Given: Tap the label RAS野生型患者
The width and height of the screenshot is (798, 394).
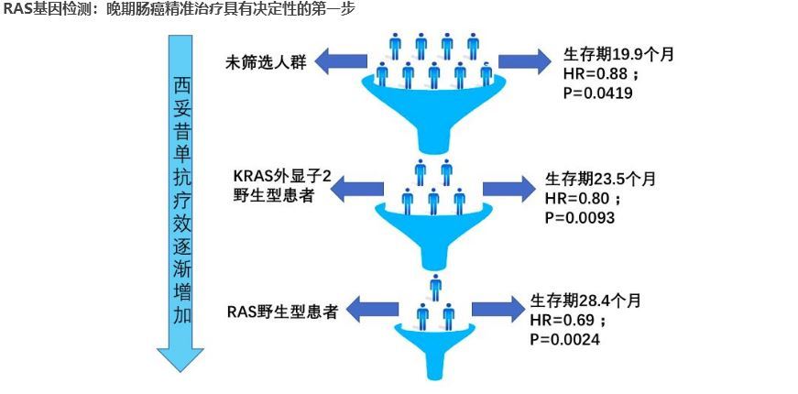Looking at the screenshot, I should (282, 312).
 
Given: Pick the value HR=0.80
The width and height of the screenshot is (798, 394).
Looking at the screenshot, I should (574, 198).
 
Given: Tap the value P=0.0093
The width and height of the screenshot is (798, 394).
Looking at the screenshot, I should (580, 217).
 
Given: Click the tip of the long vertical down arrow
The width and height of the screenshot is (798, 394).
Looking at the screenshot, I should (180, 371).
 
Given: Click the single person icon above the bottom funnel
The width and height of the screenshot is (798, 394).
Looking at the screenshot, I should (436, 287).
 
